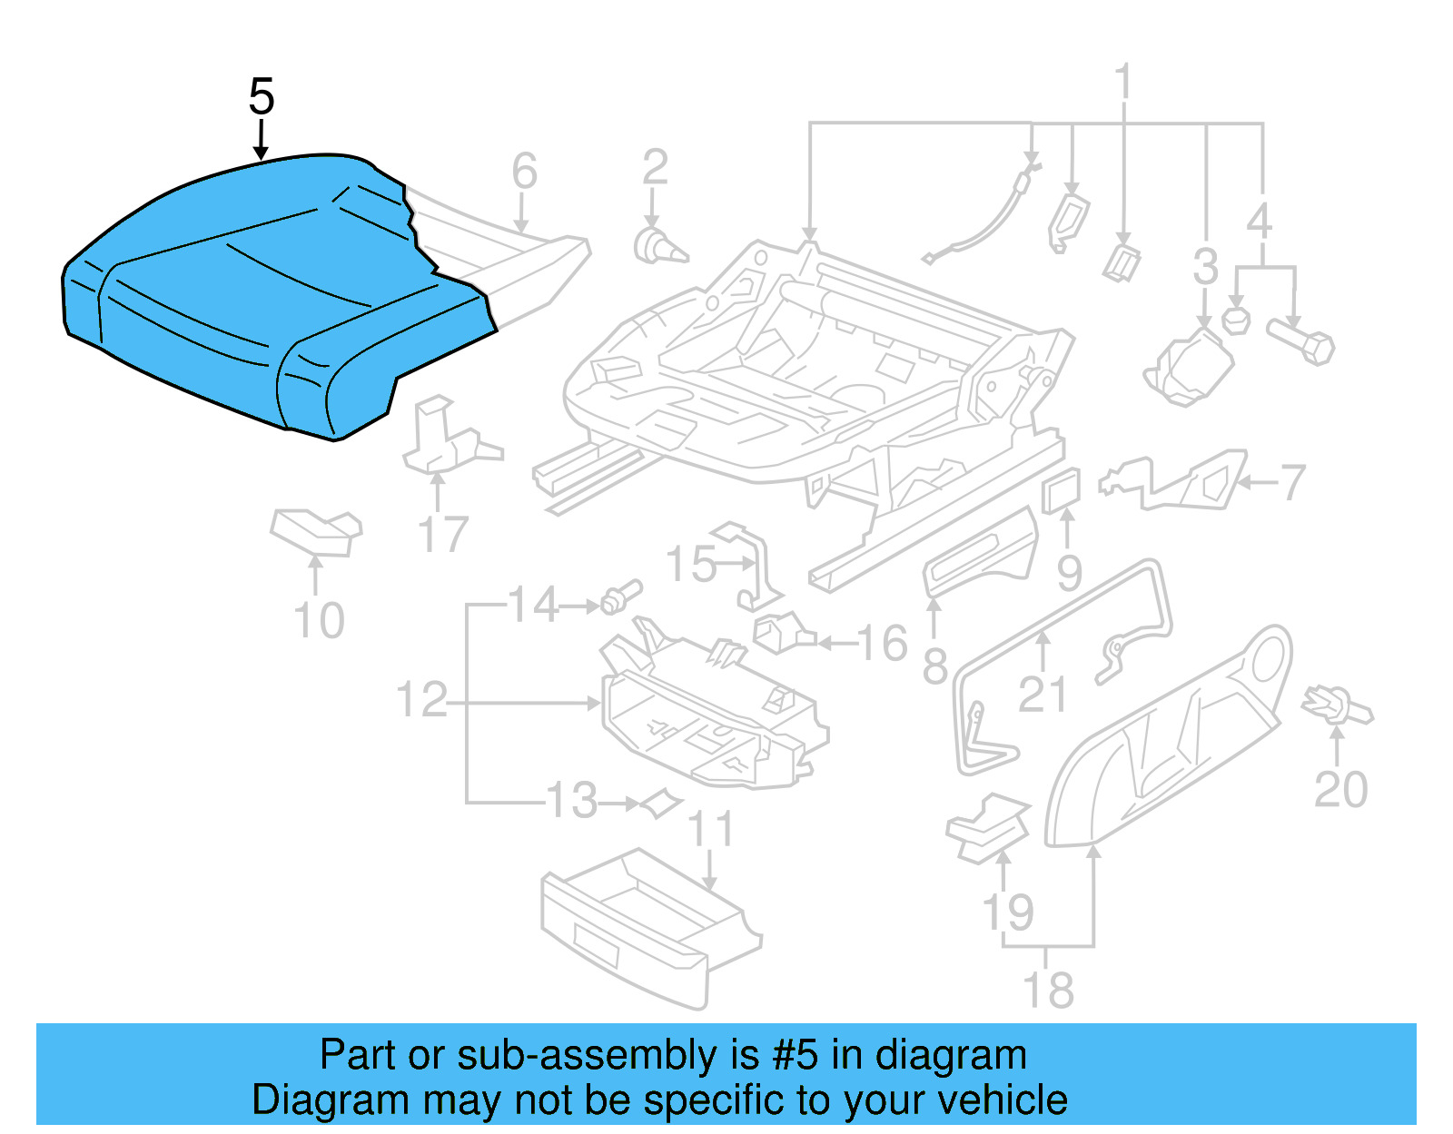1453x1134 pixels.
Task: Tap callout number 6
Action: pos(524,171)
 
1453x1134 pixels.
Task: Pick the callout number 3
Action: pos(1205,267)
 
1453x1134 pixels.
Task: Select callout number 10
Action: pos(319,621)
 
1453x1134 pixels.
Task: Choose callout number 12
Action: pos(422,700)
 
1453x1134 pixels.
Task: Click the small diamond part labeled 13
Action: pos(660,803)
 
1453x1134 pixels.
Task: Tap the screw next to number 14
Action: pos(620,597)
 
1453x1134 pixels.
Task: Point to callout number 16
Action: pos(882,643)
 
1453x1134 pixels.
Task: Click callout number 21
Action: pos(1042,695)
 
